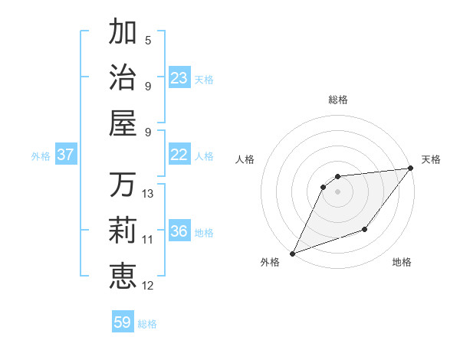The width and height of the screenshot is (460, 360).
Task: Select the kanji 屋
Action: (123, 123)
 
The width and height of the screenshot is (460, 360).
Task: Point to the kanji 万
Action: (123, 185)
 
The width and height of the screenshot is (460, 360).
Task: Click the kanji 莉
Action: (123, 230)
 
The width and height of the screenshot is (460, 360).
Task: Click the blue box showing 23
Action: (179, 78)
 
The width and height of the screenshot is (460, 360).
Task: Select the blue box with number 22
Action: (179, 155)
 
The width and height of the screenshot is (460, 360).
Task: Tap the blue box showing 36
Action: (179, 231)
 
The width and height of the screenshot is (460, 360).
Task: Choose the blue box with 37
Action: (66, 155)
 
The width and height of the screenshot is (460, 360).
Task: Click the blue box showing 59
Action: (123, 322)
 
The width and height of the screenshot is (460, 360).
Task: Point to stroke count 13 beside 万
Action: (148, 194)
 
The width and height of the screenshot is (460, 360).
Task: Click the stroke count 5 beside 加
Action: (148, 40)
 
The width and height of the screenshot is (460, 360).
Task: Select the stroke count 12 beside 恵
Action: (148, 286)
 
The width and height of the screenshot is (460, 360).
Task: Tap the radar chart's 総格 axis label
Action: (338, 100)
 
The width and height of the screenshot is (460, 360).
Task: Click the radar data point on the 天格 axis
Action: (411, 169)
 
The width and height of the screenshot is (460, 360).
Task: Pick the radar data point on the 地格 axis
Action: (366, 230)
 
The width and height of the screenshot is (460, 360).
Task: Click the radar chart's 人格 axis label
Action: (245, 159)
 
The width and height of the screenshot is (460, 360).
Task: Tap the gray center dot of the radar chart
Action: (338, 191)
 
